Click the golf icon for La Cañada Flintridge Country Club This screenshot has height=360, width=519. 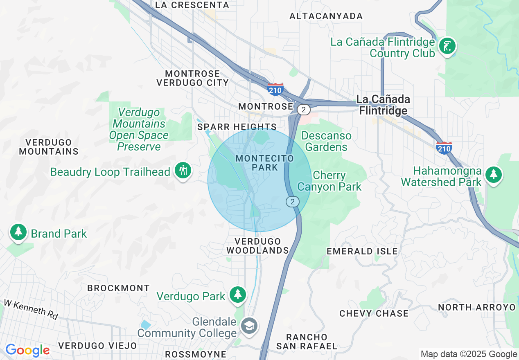pos(447,46)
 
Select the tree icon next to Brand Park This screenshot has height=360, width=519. pos(18,232)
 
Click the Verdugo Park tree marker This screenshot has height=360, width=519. pos(237,295)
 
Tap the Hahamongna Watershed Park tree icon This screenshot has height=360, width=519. pos(494,175)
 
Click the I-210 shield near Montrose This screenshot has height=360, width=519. pos(275,89)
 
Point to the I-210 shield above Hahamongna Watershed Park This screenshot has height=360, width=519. pos(444,148)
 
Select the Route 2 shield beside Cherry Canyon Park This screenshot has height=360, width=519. pos(292,201)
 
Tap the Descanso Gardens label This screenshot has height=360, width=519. pos(326,141)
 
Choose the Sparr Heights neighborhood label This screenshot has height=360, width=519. pos(237,127)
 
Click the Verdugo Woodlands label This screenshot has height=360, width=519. pos(258,246)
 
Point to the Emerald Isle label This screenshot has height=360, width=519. pos(362,251)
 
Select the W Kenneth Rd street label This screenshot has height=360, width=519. pos(31,309)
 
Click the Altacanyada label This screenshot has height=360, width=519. pos(326,16)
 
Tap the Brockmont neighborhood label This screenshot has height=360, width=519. pos(119,288)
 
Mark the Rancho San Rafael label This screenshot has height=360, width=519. pos(307,342)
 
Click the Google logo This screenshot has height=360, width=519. pos(27,350)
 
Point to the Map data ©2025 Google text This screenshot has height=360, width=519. pos(469,354)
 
